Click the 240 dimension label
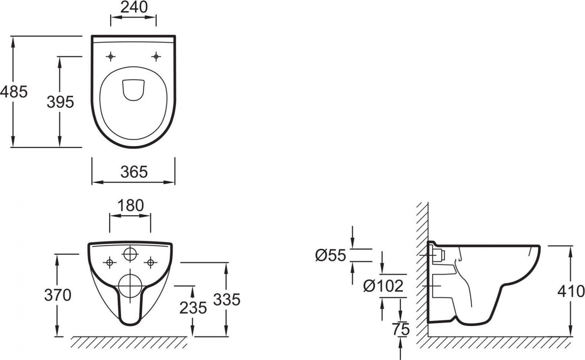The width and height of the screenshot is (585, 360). [134, 7]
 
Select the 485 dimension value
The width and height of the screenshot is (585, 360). [14, 92]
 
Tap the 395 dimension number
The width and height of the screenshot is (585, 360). [60, 102]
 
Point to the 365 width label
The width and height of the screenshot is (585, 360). [134, 172]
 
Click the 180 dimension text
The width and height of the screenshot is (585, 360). [131, 205]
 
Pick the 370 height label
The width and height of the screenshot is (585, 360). [58, 295]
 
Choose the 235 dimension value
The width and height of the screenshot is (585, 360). [193, 308]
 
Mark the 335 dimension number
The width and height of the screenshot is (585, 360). [227, 299]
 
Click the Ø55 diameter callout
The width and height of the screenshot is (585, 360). [331, 255]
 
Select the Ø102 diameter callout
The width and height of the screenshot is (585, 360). [384, 286]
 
